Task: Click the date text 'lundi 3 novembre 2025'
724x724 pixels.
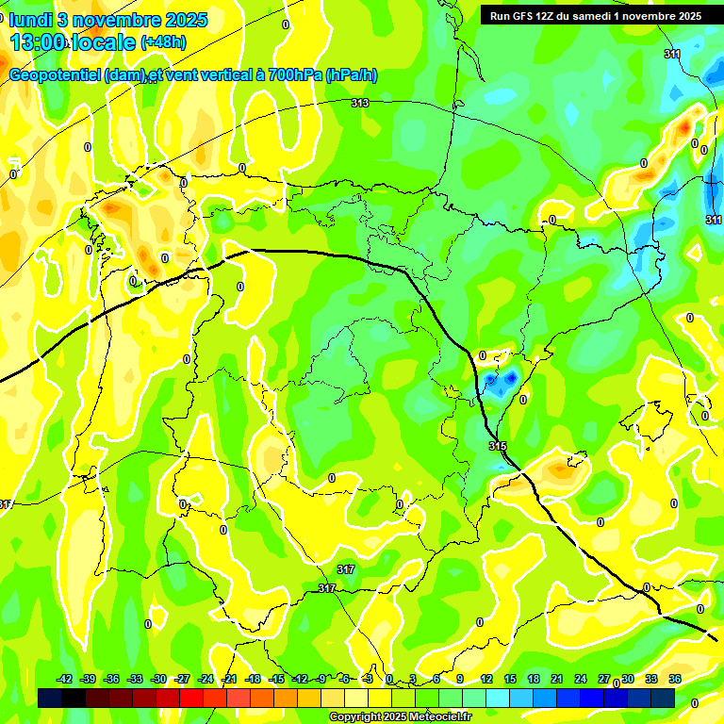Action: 108,20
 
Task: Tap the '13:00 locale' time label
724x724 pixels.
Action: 73,42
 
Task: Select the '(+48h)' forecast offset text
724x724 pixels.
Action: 163,42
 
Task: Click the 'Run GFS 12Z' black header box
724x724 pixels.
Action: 595,15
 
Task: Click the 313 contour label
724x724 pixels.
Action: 360,103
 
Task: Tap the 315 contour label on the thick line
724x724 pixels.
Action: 498,445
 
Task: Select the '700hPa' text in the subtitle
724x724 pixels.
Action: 294,75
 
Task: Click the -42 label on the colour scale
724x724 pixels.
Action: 65,679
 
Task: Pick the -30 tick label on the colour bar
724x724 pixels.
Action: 159,679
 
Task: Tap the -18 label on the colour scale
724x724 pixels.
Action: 252,679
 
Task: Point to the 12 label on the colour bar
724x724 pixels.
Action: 486,679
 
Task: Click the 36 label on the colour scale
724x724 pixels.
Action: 675,679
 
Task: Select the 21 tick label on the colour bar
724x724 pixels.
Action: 557,679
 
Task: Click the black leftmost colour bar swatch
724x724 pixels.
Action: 50,698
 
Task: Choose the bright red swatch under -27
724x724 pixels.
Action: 191,698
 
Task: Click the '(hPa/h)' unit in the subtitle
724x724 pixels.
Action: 351,75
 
